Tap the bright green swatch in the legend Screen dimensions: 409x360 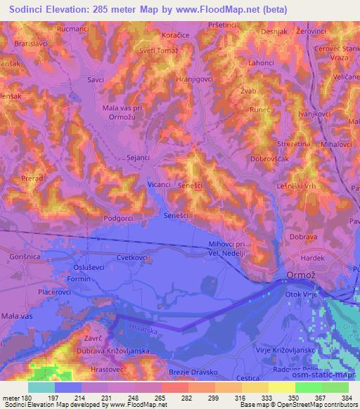307,387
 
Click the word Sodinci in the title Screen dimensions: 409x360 29,9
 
